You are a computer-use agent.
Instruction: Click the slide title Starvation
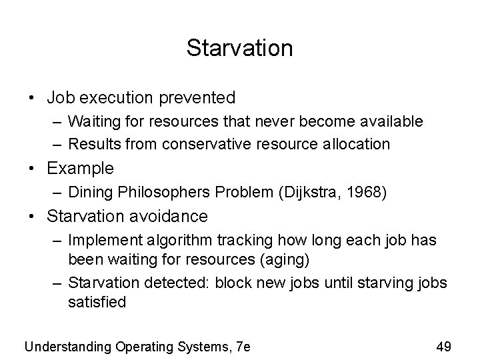(239, 48)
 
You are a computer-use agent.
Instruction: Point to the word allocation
(357, 143)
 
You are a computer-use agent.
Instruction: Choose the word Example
(81, 168)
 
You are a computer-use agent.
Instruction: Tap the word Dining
(90, 192)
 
